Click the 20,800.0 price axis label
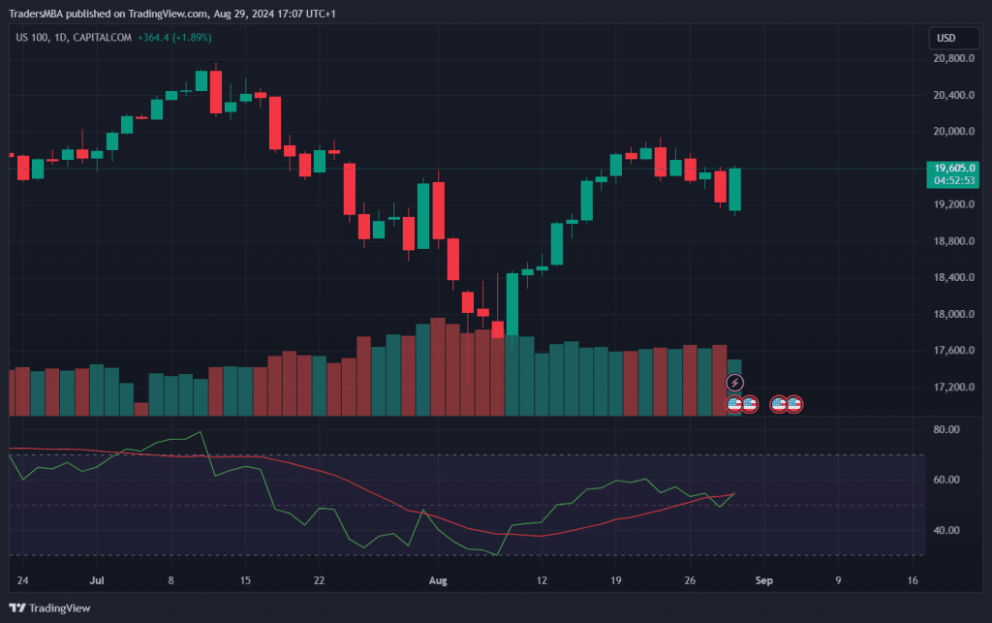tap(954, 58)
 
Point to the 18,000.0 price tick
tap(954, 314)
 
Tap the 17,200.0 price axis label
tap(954, 387)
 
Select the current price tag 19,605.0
tap(954, 168)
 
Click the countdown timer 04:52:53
tap(954, 180)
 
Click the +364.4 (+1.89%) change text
tap(175, 38)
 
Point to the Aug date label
tap(438, 580)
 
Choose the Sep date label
tap(763, 580)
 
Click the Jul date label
tap(96, 580)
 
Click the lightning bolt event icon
tap(735, 384)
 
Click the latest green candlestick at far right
tap(735, 190)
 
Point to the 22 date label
tap(319, 580)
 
